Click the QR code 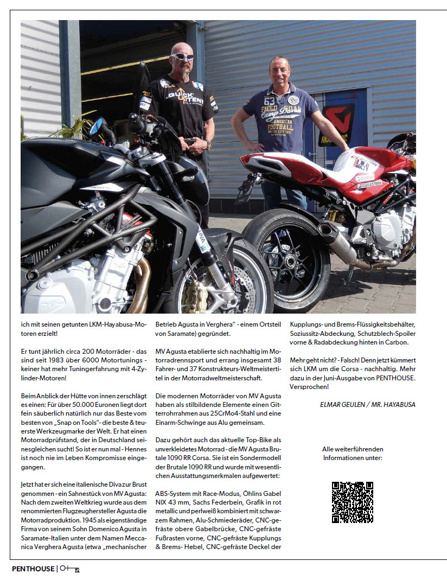pyautogui.click(x=352, y=502)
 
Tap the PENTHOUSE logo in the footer pyautogui.click(x=33, y=569)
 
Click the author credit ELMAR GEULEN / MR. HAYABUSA pyautogui.click(x=368, y=404)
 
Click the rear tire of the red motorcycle pyautogui.click(x=285, y=260)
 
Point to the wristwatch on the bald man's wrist pyautogui.click(x=208, y=145)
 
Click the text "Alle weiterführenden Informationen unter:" pyautogui.click(x=352, y=454)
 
